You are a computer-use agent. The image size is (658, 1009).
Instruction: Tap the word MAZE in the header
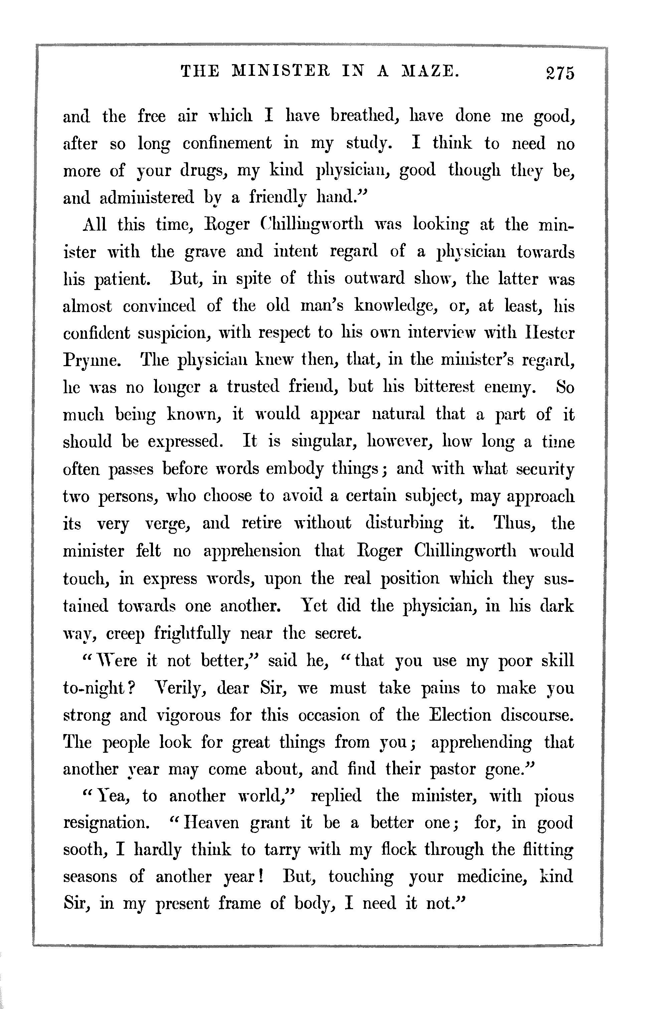click(x=430, y=71)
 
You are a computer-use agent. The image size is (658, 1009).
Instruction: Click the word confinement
click(x=227, y=143)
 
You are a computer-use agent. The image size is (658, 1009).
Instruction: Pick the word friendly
click(x=278, y=197)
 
